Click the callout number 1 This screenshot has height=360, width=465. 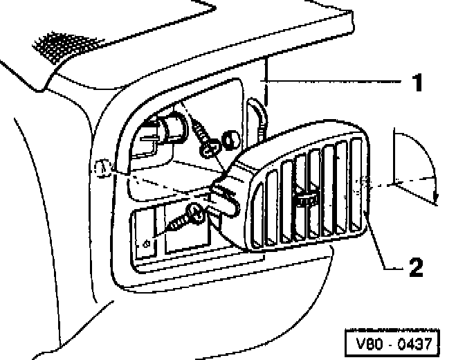click(416, 84)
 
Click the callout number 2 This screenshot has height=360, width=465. click(417, 267)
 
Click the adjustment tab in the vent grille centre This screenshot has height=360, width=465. click(304, 200)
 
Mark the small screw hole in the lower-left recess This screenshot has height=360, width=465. click(146, 244)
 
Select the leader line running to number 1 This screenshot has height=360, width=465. click(332, 82)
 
